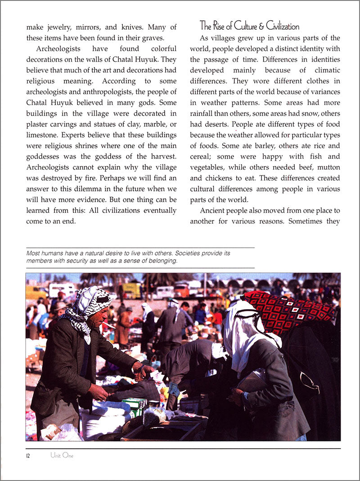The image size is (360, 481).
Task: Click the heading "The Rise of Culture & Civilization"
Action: coord(249,25)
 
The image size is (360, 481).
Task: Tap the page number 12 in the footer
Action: coord(28,455)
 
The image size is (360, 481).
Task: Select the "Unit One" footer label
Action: coord(62,455)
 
